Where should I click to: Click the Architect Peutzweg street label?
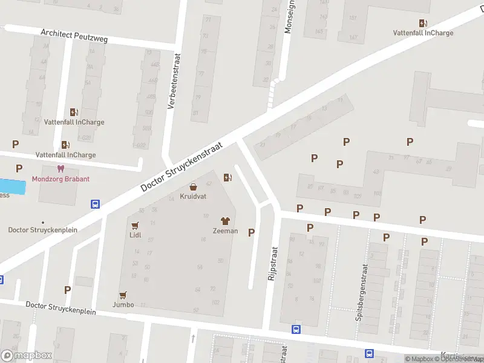[74, 36]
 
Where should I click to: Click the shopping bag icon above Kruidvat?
[193, 188]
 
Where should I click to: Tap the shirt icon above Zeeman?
[225, 221]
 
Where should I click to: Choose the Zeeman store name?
[225, 231]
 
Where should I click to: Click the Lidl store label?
[136, 235]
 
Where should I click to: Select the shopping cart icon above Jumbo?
[123, 295]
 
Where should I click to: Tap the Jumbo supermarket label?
[123, 304]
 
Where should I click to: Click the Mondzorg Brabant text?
[60, 179]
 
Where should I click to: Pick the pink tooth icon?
[60, 169]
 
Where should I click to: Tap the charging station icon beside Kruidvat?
[227, 177]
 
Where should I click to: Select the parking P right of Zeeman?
[251, 232]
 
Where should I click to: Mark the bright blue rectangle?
[13, 186]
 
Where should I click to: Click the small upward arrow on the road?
[193, 338]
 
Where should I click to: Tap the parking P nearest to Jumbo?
[67, 290]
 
